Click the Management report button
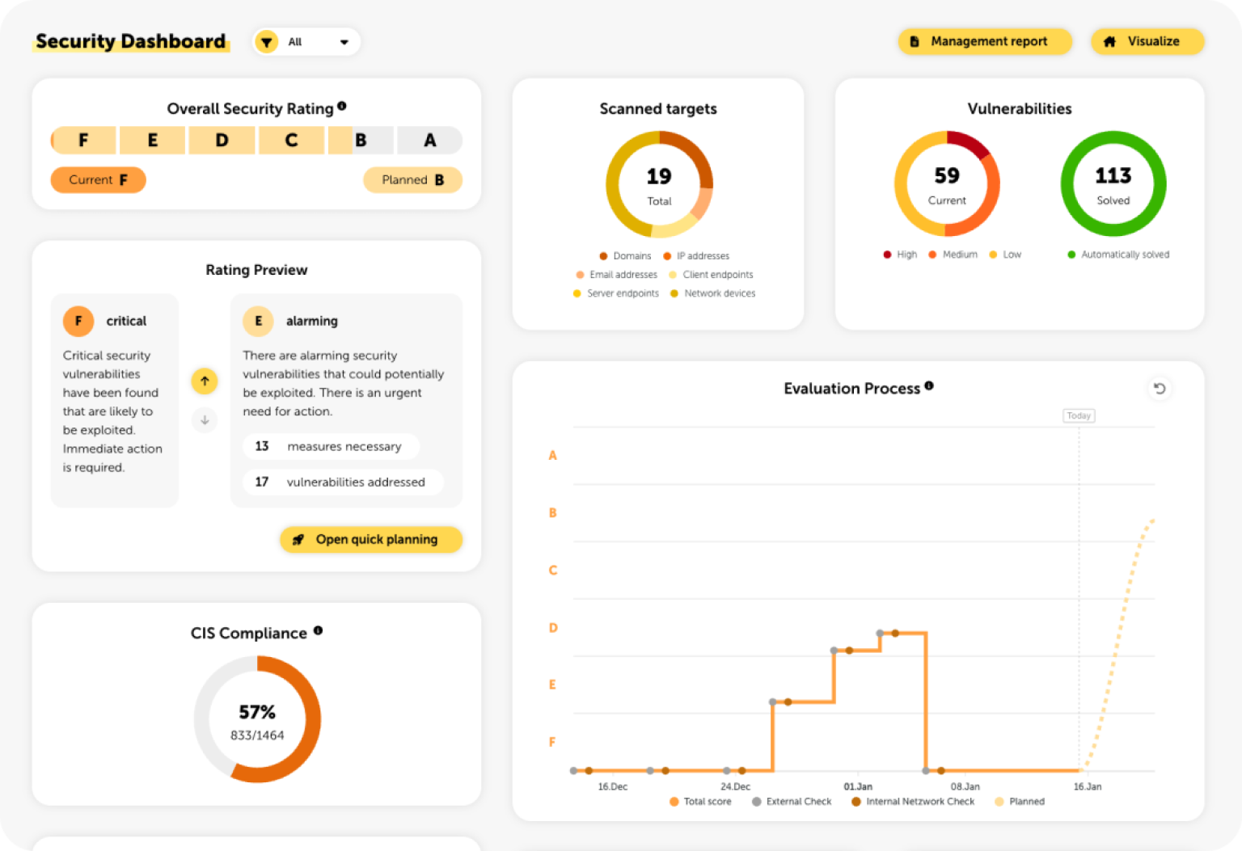point(984,41)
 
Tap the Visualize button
point(1147,41)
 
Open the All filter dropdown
point(306,42)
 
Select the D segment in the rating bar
point(222,141)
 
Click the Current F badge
point(98,180)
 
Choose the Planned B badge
point(412,180)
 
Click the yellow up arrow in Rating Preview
point(205,381)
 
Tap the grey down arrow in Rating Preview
point(205,419)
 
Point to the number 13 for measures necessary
point(262,446)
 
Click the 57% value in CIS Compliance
point(257,712)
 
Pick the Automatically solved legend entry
point(1118,255)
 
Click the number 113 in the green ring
point(1113,175)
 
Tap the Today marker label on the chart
point(1078,415)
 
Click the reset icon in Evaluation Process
point(1159,389)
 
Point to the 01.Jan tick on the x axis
point(858,786)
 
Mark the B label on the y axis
point(553,513)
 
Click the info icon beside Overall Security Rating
point(342,106)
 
